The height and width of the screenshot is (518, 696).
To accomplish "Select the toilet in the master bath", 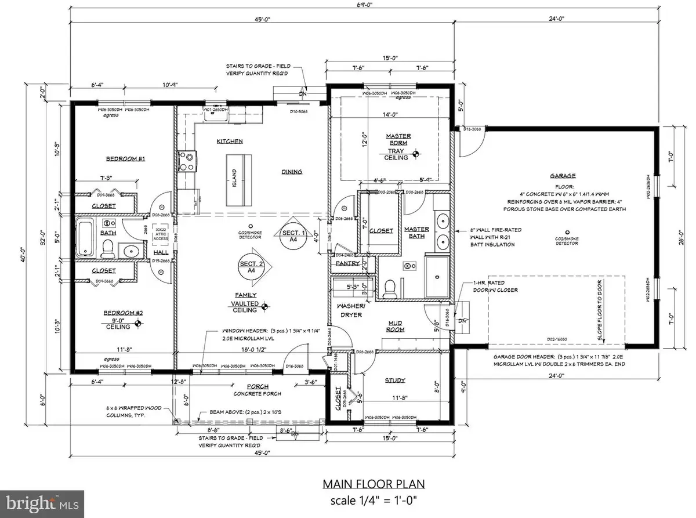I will coord(391,287).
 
